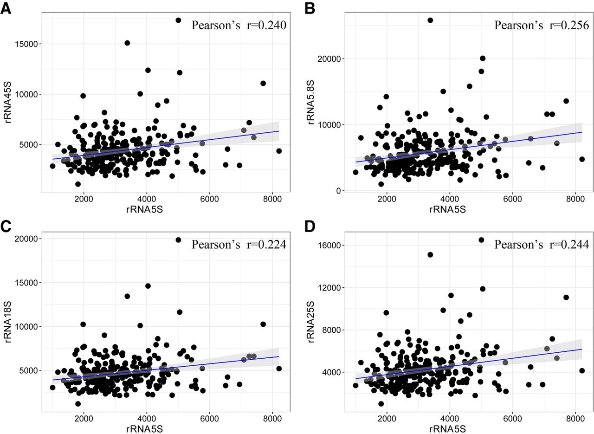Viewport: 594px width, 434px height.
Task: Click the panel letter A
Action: [6, 9]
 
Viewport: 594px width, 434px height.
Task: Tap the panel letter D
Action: [310, 227]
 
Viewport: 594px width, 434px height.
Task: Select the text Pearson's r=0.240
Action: [239, 26]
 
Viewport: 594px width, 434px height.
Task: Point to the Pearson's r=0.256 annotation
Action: [542, 26]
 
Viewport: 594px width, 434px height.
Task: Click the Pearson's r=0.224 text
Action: [239, 245]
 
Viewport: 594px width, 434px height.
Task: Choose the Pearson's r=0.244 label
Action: [542, 245]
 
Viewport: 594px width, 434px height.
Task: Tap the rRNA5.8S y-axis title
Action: [310, 102]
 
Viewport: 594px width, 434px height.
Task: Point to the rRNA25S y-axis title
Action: [310, 322]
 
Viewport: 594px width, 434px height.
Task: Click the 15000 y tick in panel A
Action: [26, 44]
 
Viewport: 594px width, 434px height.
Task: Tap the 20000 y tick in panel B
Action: [329, 59]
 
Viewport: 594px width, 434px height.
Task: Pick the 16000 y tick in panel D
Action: [329, 246]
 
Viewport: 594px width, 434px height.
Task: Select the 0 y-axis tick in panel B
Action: [338, 191]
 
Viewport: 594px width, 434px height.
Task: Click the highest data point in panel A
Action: [178, 20]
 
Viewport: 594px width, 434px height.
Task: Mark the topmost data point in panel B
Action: [430, 20]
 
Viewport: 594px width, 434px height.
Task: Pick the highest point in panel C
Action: [178, 240]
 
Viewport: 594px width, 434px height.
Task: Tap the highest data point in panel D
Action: [481, 240]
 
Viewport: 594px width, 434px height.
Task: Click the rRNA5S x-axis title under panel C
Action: [144, 429]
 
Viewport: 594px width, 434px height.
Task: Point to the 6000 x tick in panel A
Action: [209, 199]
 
